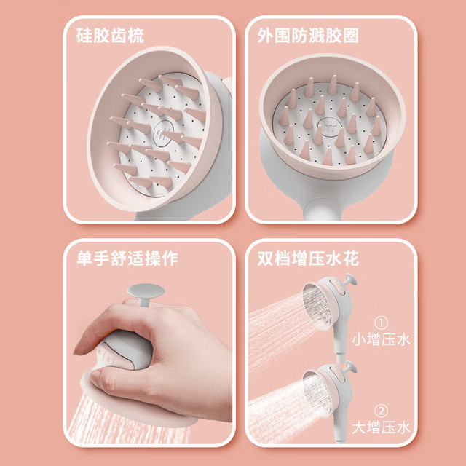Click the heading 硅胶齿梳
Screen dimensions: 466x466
coord(110,36)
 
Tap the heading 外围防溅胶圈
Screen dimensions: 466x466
coord(308,36)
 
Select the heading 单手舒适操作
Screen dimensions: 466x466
coord(127,258)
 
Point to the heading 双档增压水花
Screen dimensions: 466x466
coord(308,258)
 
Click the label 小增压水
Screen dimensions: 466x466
coord(381,339)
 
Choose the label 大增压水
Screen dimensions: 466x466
coord(381,427)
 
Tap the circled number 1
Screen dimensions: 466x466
coord(381,323)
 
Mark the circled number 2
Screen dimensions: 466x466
coord(381,411)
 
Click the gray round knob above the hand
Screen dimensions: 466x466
coord(146,291)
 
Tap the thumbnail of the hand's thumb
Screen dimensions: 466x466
coord(95,374)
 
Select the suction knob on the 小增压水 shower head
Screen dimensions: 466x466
coord(350,280)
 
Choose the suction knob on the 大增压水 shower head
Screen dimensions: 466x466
coord(350,367)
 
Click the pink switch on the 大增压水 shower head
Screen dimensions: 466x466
coord(341,376)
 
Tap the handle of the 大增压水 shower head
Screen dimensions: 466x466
coord(341,425)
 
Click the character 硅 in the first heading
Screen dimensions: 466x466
coord(84,36)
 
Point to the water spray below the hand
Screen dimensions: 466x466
coord(128,422)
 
